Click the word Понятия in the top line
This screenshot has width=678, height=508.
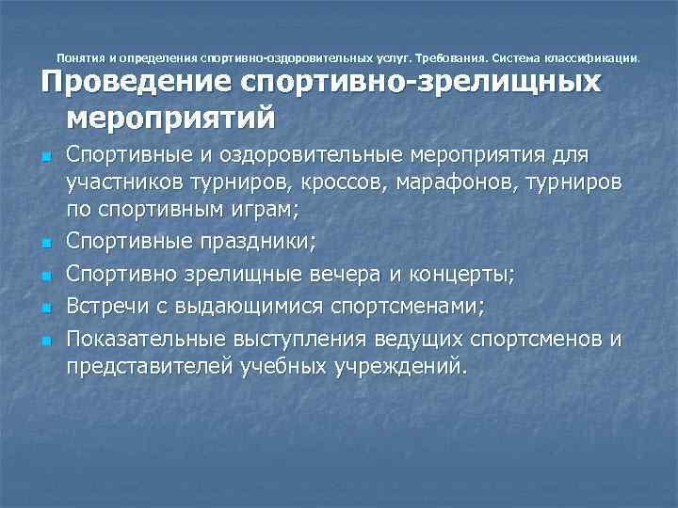(x=81, y=56)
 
